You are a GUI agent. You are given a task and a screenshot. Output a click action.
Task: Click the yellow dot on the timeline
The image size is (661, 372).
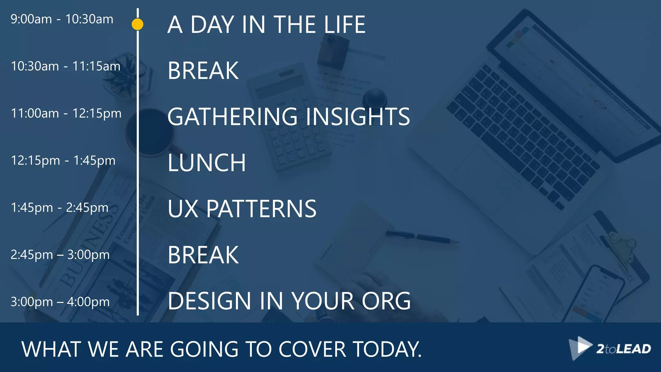point(137,24)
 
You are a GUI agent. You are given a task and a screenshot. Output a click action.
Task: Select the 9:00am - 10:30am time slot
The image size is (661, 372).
point(62,19)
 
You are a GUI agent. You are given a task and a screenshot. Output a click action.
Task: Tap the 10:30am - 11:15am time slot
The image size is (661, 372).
point(66,66)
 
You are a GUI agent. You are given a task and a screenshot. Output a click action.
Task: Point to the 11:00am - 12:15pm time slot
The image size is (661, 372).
point(66,113)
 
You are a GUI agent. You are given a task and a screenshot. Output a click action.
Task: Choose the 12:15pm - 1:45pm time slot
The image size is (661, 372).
point(63,160)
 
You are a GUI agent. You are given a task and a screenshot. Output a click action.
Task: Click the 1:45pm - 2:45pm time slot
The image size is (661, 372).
point(59,208)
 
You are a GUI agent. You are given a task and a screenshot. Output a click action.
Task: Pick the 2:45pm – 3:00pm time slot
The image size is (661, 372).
point(60,255)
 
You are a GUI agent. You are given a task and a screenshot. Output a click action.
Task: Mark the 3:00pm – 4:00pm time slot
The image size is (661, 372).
point(60,302)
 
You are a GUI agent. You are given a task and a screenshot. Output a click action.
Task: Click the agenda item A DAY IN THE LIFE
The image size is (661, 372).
point(266,25)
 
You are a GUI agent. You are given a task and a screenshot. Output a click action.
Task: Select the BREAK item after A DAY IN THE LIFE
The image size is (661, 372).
point(203,71)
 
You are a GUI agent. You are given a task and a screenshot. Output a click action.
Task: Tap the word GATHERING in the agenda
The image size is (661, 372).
point(232,117)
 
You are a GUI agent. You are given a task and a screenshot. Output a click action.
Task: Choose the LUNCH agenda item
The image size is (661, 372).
point(207,163)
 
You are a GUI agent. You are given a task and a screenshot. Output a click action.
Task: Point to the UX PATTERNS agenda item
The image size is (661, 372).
point(242,209)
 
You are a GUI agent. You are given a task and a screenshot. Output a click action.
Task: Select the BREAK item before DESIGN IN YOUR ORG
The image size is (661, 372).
point(203,255)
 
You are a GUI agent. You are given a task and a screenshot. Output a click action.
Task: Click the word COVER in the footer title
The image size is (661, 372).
point(312,349)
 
